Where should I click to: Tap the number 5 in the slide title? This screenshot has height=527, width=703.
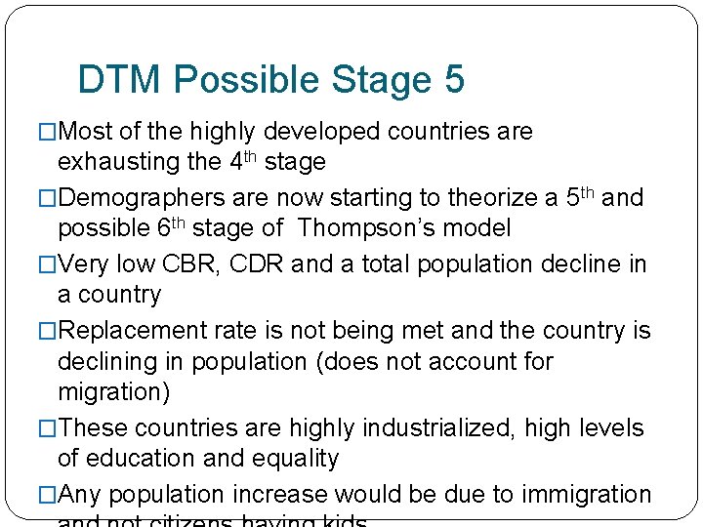coord(453,80)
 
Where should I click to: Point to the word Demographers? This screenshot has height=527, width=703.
coord(143,198)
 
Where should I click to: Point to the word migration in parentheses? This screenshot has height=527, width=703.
coord(110,391)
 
